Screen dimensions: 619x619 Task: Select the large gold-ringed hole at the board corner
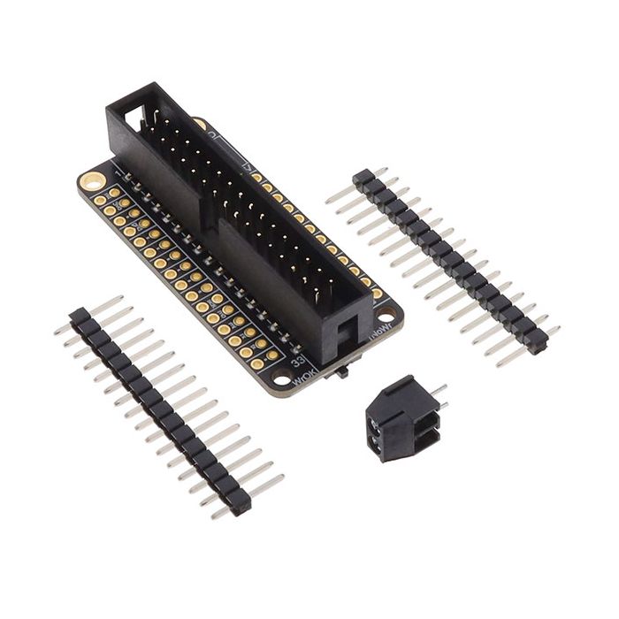pyautogui.click(x=90, y=180)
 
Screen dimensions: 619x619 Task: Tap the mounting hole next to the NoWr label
pyautogui.click(x=386, y=315)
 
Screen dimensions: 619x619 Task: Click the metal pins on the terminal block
pyautogui.click(x=439, y=396)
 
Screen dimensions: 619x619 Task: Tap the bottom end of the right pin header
pyautogui.click(x=537, y=346)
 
